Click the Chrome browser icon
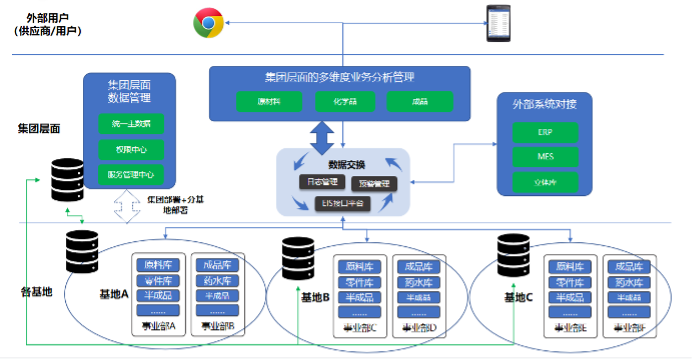coord(208,22)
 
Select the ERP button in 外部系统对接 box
coord(545,131)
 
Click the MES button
coord(545,157)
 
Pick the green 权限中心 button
coord(127,150)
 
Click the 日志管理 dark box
coord(321,182)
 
